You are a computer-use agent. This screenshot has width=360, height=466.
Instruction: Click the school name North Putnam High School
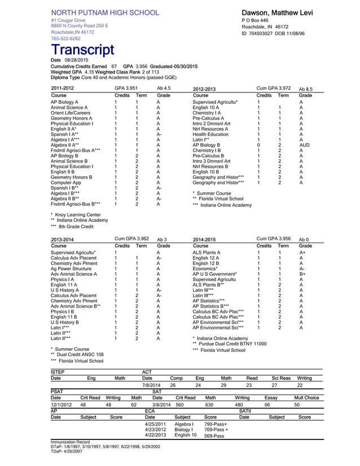(105, 12)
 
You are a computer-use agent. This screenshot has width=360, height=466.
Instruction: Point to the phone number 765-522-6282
(65, 39)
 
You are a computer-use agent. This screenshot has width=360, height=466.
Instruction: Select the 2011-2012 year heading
(62, 89)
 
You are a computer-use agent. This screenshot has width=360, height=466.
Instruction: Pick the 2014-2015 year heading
(204, 239)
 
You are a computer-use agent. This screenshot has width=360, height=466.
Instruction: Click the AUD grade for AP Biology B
(305, 145)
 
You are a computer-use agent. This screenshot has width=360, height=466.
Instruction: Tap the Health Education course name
(210, 134)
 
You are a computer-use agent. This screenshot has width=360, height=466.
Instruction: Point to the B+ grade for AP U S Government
(302, 274)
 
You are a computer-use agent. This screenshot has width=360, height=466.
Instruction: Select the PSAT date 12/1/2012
(61, 405)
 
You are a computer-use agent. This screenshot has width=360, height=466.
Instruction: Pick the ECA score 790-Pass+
(216, 423)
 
